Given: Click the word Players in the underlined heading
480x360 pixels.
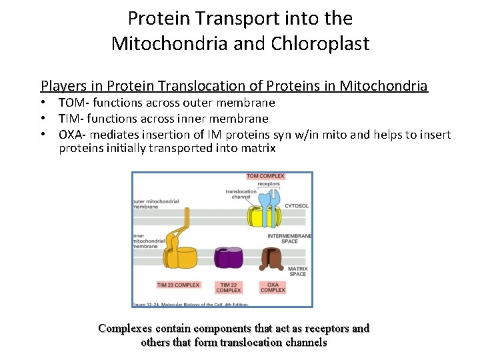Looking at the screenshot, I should [64, 86].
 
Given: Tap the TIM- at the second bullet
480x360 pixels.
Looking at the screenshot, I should [71, 119].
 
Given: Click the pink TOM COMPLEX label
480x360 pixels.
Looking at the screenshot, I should [265, 177].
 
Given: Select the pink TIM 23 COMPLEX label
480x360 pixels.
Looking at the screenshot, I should [178, 285].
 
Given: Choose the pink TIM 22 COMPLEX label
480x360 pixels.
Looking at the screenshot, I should [228, 287].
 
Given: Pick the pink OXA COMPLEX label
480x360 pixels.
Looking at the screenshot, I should [272, 287].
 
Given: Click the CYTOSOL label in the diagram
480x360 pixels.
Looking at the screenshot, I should [297, 206].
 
